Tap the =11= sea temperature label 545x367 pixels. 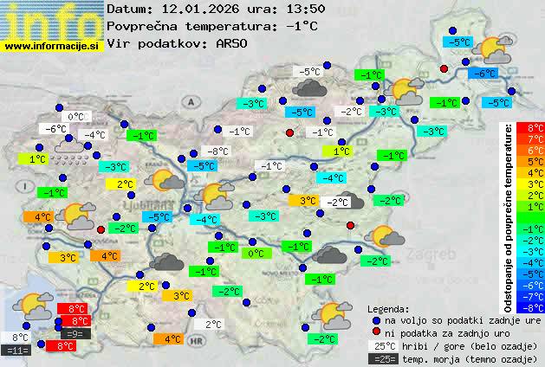17,350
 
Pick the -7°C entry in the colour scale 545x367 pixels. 535,296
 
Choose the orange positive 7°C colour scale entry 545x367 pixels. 535,138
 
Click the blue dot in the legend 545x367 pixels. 375,319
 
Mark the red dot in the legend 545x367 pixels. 375,332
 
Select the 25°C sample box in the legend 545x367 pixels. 384,345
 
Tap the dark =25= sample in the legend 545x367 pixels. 384,358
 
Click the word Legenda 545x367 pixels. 388,308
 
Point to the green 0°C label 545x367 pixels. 256,254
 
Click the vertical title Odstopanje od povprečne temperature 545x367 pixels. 509,216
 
